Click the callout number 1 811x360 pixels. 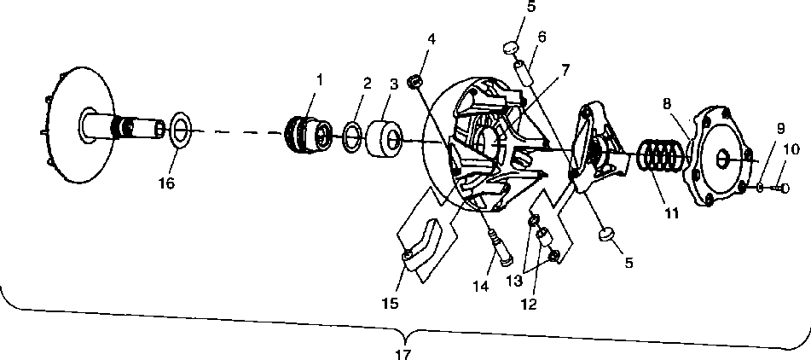point(320,79)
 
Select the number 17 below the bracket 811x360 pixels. point(404,352)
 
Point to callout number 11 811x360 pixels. point(672,212)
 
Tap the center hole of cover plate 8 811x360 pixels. point(721,156)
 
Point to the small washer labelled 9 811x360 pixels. point(760,186)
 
